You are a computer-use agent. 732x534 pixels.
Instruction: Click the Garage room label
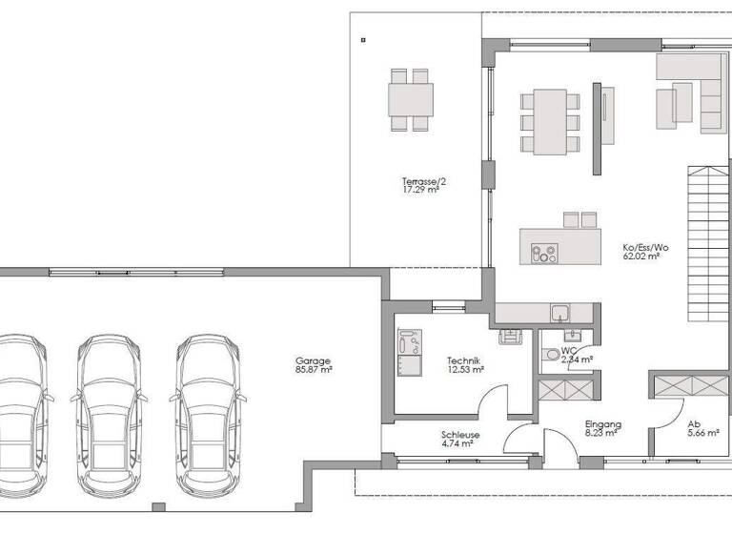tap(313, 361)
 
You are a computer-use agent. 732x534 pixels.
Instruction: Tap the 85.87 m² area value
tap(313, 370)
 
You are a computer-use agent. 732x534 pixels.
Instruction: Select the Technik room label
tap(462, 360)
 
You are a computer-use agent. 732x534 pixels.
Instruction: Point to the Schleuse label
tap(460, 434)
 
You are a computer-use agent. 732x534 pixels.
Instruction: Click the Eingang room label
tap(602, 424)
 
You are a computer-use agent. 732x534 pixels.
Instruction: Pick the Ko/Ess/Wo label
tap(645, 248)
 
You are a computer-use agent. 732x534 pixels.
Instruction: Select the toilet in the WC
tap(550, 356)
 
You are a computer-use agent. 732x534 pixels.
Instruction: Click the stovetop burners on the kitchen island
tap(543, 254)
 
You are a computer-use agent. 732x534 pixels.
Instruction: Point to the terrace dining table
tap(410, 99)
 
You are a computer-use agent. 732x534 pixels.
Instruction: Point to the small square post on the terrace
tap(364, 40)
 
